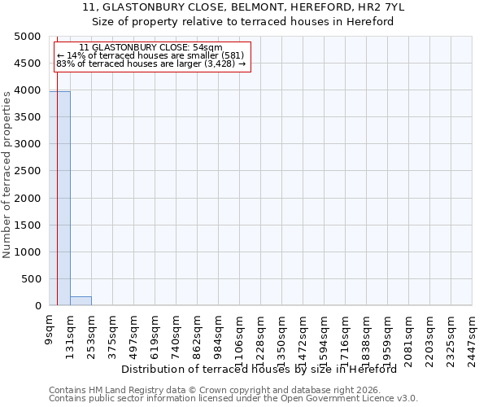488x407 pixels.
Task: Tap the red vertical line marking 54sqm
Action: (x=57, y=203)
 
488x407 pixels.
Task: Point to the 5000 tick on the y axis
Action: (x=28, y=37)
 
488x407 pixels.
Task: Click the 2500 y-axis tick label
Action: (x=28, y=171)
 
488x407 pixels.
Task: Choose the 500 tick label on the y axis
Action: (x=32, y=279)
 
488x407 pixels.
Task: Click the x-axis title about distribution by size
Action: (x=264, y=369)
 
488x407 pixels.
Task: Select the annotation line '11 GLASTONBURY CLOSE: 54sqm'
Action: (x=150, y=48)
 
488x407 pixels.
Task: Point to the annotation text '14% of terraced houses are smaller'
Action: (x=150, y=55)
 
